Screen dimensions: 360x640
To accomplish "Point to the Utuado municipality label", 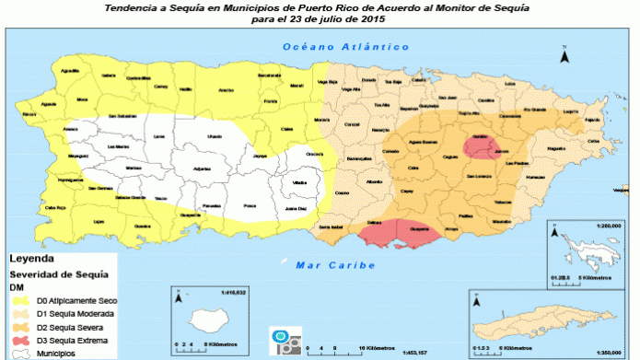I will (x=214, y=136).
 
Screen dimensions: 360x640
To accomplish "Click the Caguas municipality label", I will (x=451, y=157).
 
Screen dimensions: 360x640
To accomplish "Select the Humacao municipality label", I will (x=555, y=147).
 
